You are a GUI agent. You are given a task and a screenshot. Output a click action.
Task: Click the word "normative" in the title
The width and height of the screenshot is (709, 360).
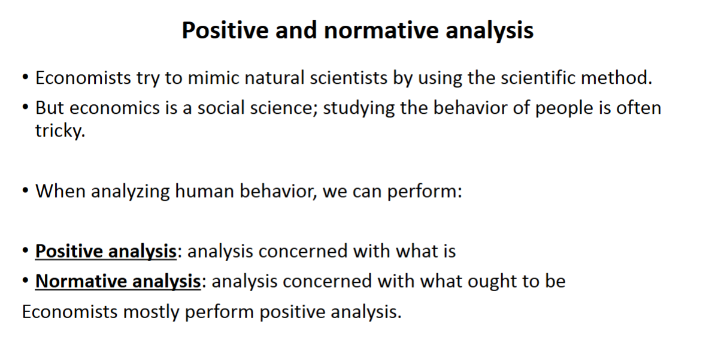pos(381,31)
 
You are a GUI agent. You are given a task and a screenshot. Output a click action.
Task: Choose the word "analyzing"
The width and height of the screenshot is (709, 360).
pos(130,192)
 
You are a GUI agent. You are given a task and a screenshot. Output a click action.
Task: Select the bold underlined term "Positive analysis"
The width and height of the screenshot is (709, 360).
pos(106,252)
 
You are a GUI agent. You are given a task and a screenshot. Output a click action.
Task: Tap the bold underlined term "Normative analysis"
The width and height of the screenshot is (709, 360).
pos(118,282)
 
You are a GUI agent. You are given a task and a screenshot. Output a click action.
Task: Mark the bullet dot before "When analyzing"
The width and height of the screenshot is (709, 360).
pos(25,191)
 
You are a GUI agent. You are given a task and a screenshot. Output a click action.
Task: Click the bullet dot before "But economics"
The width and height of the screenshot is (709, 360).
pos(25,108)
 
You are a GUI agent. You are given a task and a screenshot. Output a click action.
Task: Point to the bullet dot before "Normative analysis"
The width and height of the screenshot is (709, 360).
pos(25,282)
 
